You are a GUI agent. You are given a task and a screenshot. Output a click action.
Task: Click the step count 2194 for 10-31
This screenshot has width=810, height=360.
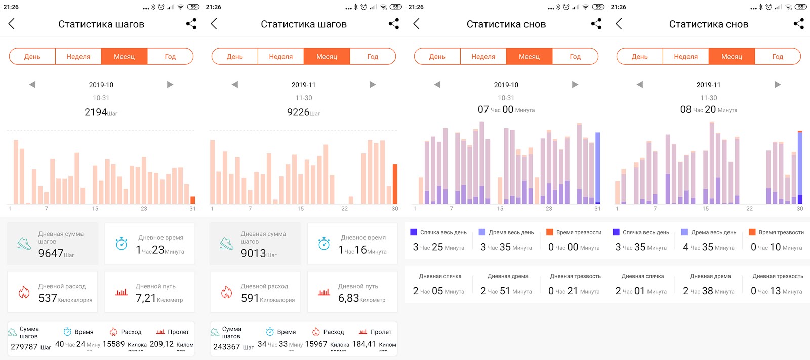[x=96, y=112]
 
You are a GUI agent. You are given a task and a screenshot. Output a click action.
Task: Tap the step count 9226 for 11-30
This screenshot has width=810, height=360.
[x=298, y=112]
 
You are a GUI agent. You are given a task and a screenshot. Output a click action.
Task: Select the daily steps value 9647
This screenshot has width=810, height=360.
[x=51, y=253]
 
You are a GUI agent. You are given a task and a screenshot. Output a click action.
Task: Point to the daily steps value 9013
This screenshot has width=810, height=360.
[x=254, y=253]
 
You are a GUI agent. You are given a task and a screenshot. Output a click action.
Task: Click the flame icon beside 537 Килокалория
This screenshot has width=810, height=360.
[x=24, y=292]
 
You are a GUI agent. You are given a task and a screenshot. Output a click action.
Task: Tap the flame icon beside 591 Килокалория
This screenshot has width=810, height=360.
[x=226, y=292]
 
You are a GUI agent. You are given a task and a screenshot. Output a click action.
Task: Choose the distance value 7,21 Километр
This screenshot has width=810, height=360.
[x=146, y=298]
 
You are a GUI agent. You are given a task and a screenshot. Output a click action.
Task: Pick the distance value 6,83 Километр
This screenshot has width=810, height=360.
[x=349, y=298]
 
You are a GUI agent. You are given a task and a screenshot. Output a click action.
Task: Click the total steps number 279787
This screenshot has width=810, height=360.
[x=24, y=347]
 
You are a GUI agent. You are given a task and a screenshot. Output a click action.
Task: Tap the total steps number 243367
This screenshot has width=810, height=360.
[x=226, y=347]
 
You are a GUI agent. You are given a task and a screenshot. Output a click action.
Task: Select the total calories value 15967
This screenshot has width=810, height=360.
[x=316, y=344]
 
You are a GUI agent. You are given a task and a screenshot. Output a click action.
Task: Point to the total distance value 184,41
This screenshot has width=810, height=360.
[x=364, y=344]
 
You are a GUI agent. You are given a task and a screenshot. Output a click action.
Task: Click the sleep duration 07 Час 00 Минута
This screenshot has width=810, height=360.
[x=506, y=109]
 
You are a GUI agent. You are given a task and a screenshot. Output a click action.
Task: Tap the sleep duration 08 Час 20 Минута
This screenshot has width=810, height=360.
[x=708, y=109]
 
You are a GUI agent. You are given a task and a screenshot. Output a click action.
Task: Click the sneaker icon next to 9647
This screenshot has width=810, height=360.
[x=24, y=244]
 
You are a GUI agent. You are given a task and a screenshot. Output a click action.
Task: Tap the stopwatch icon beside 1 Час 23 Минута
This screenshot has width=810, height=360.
[x=121, y=244]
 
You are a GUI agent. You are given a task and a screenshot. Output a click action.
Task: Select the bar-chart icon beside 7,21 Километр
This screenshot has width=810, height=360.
[x=121, y=292]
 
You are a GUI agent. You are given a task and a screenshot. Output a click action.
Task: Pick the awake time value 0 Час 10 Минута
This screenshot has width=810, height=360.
[x=776, y=247]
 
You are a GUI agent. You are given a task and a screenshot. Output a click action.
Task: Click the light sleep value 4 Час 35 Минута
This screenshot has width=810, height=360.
[x=708, y=247]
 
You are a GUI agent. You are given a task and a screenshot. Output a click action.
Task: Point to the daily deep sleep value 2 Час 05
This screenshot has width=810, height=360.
[x=438, y=291]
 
